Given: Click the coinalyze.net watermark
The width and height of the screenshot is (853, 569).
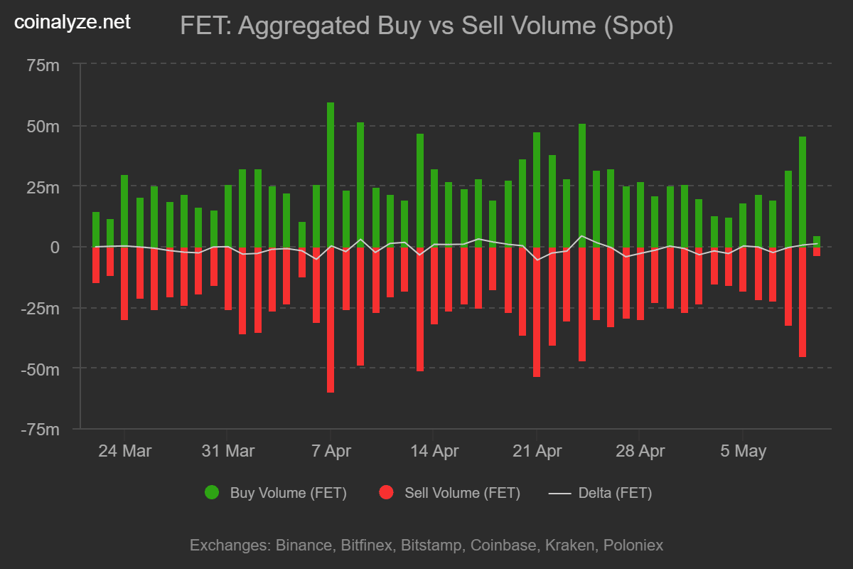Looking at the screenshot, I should (73, 22).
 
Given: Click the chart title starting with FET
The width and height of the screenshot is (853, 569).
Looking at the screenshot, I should (426, 26).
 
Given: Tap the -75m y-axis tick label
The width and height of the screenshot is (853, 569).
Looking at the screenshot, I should (41, 430).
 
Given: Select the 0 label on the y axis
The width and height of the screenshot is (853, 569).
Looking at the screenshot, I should (55, 248).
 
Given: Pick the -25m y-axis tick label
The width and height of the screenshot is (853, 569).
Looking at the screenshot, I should (41, 308).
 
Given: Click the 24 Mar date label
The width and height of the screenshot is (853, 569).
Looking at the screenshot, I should (124, 451).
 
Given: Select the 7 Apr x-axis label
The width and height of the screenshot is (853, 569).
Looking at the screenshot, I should (331, 451).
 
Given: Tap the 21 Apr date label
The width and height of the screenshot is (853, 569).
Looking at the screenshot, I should (537, 451).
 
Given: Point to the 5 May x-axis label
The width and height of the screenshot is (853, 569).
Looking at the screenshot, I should (743, 451).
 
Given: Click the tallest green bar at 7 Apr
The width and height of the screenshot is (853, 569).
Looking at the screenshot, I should (331, 174).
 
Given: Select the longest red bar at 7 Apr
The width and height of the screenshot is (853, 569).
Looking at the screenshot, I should (331, 320).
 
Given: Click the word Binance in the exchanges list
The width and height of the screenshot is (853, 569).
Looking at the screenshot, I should (303, 546).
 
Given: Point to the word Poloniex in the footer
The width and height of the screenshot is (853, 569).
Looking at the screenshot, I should (633, 546).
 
